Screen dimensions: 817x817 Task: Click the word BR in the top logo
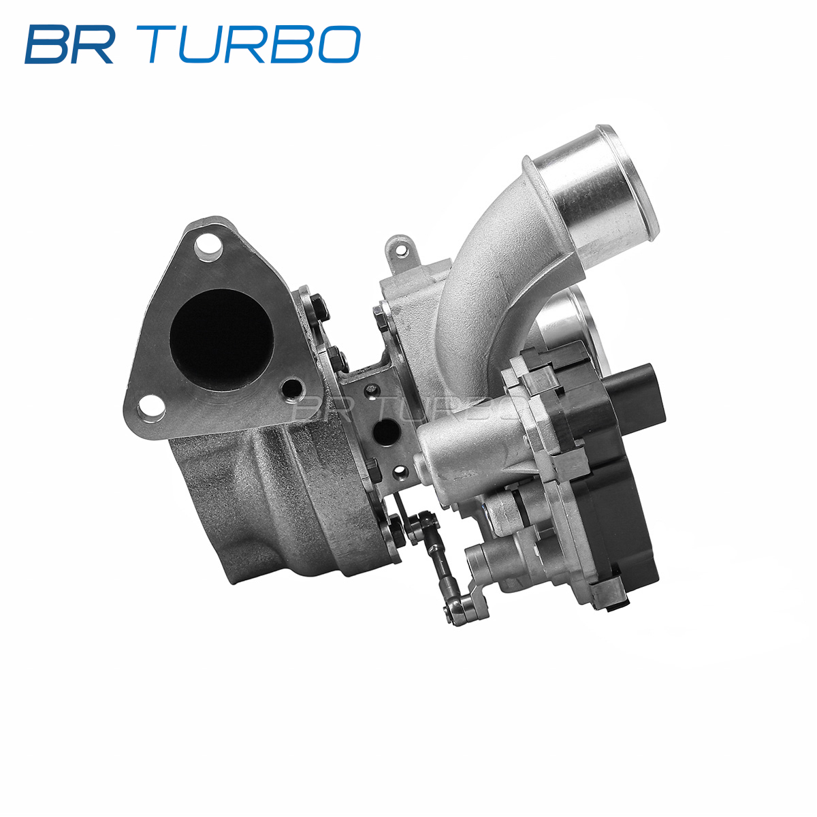click(69, 44)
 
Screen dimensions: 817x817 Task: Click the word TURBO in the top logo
click(249, 44)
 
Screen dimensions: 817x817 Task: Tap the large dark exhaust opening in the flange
click(221, 340)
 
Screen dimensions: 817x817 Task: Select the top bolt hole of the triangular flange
click(208, 246)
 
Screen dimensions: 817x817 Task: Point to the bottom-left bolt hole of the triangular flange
click(150, 408)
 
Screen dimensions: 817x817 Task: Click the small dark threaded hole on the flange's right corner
click(293, 387)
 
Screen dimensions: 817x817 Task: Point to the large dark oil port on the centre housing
click(386, 431)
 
